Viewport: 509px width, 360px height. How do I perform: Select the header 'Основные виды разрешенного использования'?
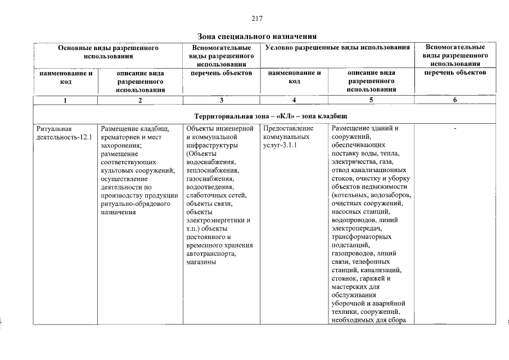108,52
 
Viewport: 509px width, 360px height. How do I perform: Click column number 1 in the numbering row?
65,100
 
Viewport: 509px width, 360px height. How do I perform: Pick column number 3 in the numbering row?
222,100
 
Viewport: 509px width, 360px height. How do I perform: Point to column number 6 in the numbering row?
455,100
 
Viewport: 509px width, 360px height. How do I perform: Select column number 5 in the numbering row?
371,100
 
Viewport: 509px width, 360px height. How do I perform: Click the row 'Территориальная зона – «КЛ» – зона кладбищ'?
271,115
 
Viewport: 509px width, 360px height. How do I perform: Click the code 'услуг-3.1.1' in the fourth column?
280,145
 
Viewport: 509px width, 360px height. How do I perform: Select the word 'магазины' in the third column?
199,263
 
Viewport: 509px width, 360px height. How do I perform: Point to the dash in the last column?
455,129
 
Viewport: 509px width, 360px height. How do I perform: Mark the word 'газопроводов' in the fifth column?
353,254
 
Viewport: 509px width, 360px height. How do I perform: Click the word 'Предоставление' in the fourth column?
287,128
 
